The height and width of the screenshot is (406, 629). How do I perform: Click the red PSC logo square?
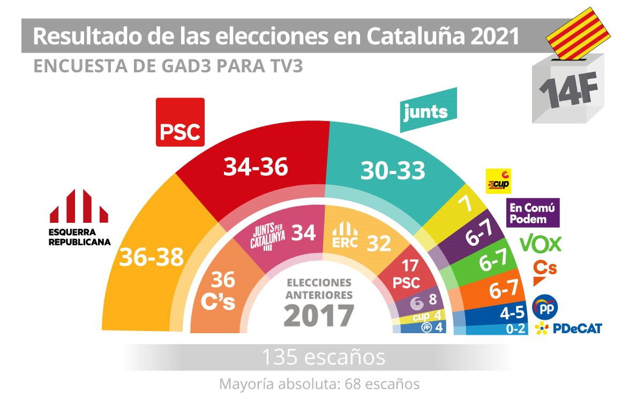point(180,122)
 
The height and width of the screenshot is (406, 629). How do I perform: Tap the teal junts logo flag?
point(427,111)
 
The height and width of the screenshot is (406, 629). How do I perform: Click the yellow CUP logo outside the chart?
point(498,181)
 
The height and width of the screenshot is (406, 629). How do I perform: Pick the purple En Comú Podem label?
point(533,213)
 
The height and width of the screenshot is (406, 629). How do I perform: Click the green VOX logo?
point(541,244)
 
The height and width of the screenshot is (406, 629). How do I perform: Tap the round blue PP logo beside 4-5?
point(545,307)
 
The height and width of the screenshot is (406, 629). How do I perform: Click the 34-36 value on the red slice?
point(256,168)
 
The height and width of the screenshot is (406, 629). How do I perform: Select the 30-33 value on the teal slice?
point(393,170)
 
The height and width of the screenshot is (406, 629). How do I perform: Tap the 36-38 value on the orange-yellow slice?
point(151,258)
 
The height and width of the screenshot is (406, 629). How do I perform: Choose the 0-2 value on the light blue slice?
point(516,329)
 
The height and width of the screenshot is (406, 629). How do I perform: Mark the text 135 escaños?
point(323,357)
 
